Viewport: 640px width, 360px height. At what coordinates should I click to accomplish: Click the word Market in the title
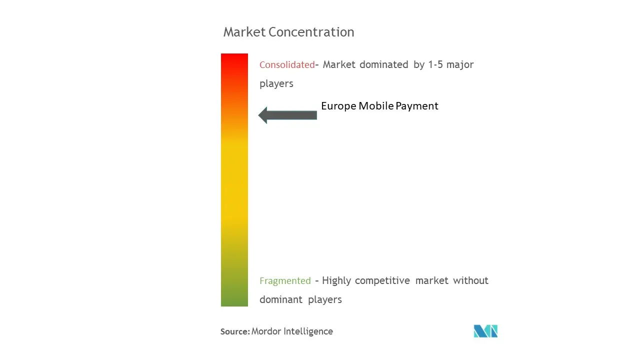pyautogui.click(x=244, y=32)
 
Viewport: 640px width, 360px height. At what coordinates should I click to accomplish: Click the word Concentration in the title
pyautogui.click(x=311, y=32)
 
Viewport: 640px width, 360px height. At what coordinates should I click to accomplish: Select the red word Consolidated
pyautogui.click(x=287, y=65)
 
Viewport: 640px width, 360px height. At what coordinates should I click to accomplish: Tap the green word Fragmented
pyautogui.click(x=285, y=281)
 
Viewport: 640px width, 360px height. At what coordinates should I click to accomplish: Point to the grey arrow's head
pyautogui.click(x=262, y=115)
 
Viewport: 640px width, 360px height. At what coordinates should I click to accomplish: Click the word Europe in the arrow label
pyautogui.click(x=338, y=106)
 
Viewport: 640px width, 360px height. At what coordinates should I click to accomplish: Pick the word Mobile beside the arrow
pyautogui.click(x=376, y=106)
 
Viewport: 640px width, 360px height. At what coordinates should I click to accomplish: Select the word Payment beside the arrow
pyautogui.click(x=417, y=106)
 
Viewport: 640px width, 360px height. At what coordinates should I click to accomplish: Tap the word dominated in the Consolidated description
pyautogui.click(x=383, y=64)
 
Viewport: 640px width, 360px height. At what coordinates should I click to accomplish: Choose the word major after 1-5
pyautogui.click(x=460, y=65)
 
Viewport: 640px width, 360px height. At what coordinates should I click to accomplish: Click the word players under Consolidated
pyautogui.click(x=276, y=83)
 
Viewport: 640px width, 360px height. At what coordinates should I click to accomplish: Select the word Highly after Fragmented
pyautogui.click(x=336, y=281)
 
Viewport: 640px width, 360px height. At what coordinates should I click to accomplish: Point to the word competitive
pyautogui.click(x=382, y=281)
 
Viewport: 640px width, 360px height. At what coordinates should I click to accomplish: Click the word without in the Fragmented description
pyautogui.click(x=470, y=280)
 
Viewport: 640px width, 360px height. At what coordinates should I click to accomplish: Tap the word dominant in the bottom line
pyautogui.click(x=281, y=299)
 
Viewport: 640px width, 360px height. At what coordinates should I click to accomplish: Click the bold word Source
pyautogui.click(x=235, y=331)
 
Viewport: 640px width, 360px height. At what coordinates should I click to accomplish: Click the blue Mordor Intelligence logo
pyautogui.click(x=485, y=331)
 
